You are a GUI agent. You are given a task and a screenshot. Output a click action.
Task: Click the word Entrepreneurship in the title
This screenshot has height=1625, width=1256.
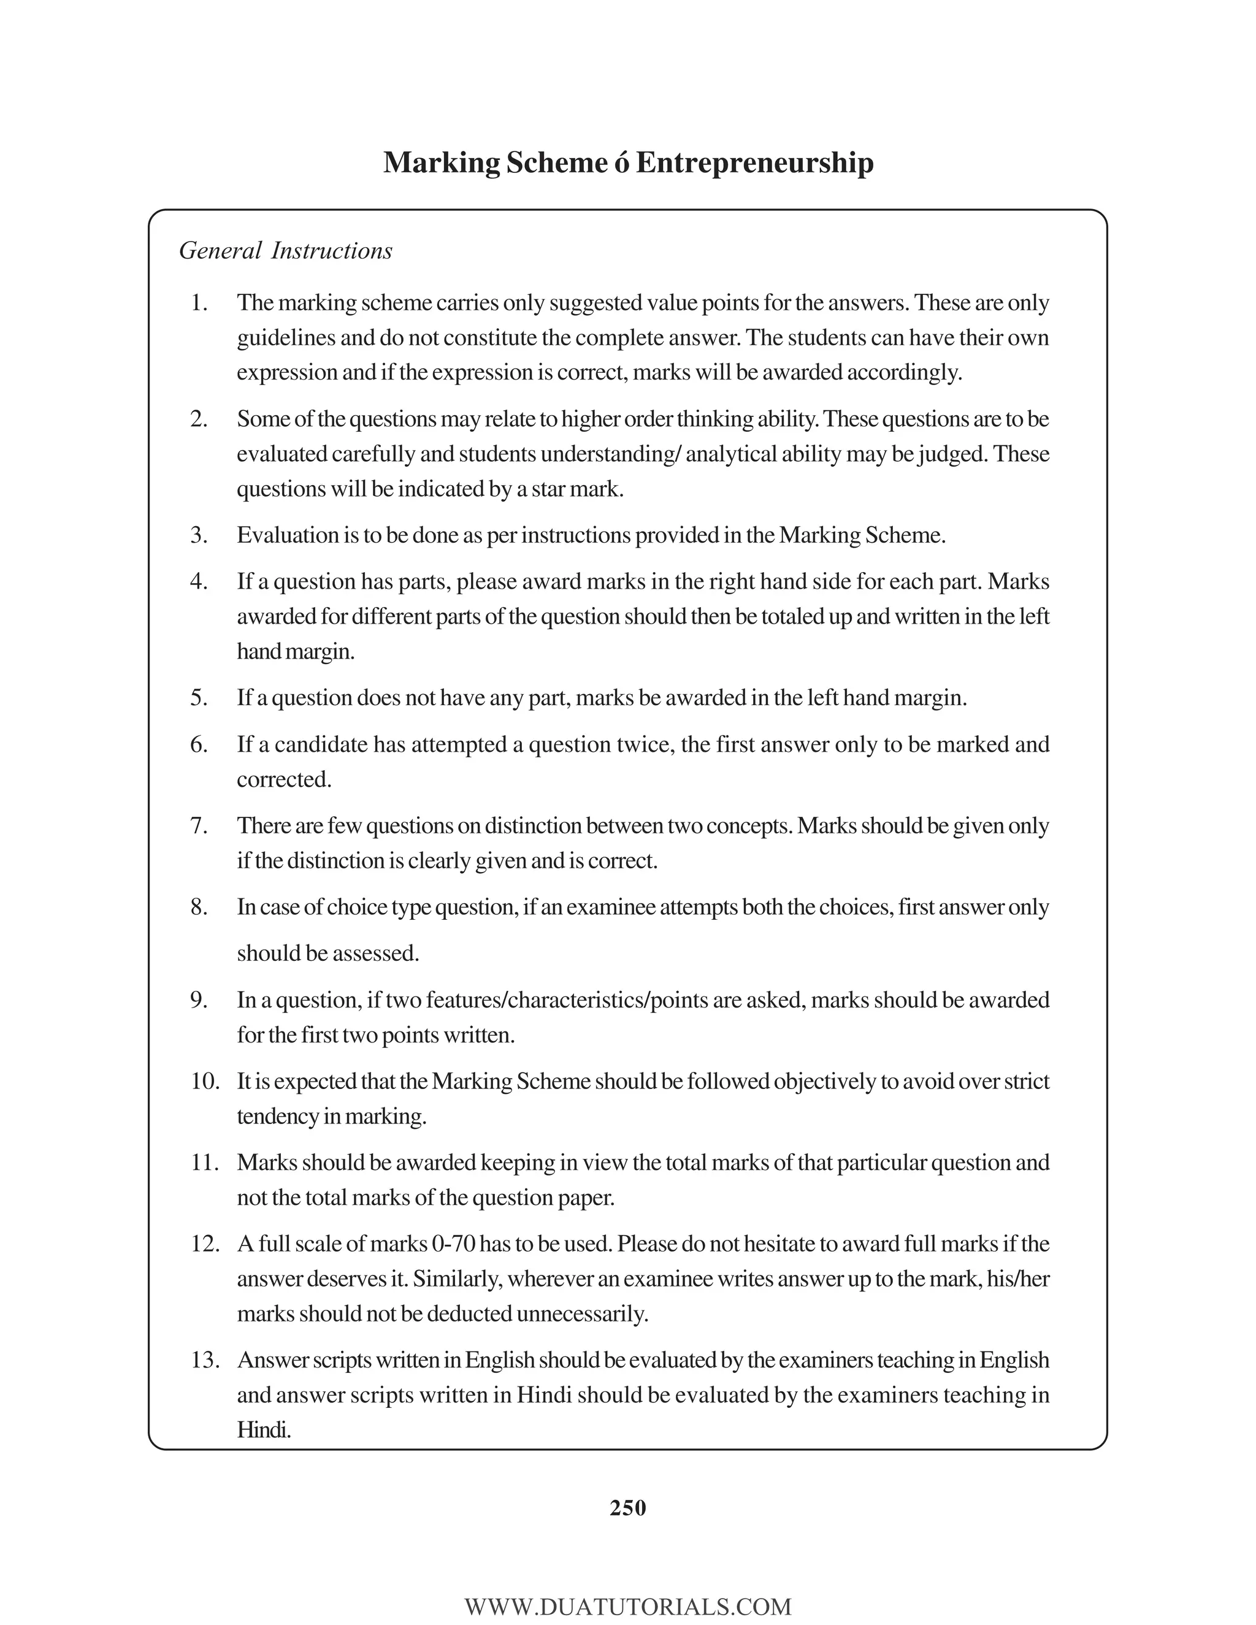pos(754,163)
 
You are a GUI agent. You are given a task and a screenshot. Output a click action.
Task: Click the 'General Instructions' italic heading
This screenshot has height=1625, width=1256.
pos(286,251)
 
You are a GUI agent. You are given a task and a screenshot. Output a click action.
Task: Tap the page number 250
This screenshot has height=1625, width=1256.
pos(627,1507)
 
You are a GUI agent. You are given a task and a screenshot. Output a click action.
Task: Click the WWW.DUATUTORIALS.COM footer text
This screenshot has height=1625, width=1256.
pos(627,1607)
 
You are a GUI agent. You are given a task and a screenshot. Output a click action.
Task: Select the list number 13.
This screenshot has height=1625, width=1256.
pos(205,1360)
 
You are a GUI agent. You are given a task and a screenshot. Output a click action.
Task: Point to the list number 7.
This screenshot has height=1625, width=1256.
pos(199,826)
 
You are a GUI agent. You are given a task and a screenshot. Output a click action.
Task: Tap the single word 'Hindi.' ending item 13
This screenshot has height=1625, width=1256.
pos(263,1429)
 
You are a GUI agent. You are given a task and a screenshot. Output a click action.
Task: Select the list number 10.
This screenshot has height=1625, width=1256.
pos(205,1081)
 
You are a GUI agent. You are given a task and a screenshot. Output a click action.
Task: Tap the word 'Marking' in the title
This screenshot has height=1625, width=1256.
pos(441,163)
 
